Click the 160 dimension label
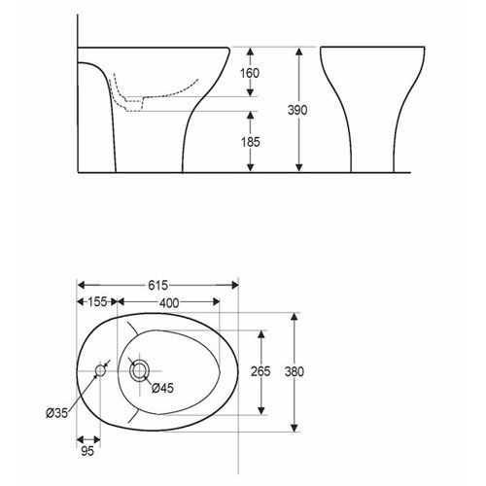pos(250,73)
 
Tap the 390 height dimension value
pos(297,110)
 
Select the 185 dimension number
pos(251,142)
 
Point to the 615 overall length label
pos(158,285)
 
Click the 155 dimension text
pos(97,302)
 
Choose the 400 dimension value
pos(169,303)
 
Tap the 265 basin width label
pos(260,371)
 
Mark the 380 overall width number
pos(295,371)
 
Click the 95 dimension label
pos(87,451)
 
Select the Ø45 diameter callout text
pos(162,388)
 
